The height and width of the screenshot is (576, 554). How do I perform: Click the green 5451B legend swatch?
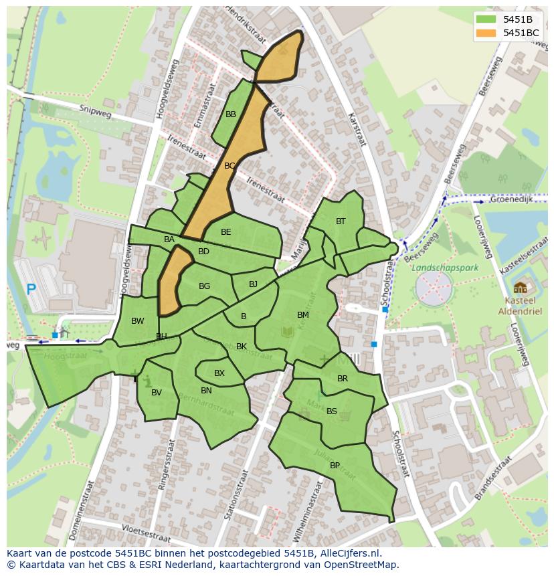(486, 19)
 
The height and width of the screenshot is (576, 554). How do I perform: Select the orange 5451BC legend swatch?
(486, 33)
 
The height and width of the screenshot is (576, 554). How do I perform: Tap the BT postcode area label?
(341, 221)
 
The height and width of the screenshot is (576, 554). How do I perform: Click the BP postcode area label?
(335, 466)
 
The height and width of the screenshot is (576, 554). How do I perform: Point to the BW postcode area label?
(138, 321)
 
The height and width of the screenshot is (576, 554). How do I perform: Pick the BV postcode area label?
(157, 393)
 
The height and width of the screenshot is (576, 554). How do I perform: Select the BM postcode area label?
(303, 315)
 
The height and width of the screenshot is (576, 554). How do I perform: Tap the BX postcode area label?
(219, 373)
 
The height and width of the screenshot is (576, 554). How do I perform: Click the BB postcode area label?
(231, 114)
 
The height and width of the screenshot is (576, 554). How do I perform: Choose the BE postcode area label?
(226, 232)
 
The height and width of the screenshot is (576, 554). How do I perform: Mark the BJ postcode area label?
(253, 284)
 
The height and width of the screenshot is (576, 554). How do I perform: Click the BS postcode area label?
(332, 411)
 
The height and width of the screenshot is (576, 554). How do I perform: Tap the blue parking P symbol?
(31, 290)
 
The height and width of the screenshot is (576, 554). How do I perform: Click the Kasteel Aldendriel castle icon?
(520, 288)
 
